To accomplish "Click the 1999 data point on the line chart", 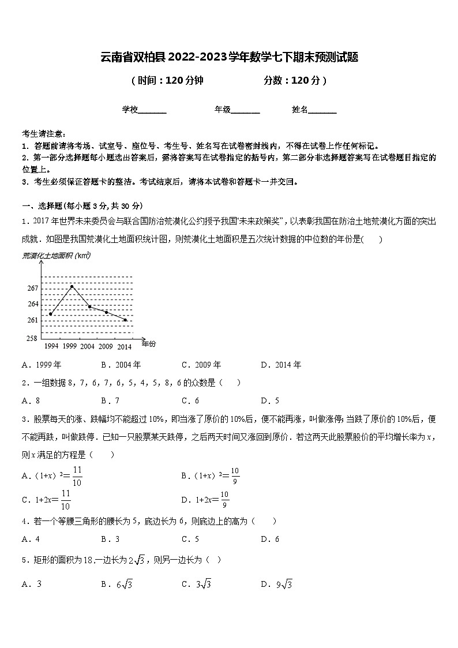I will [x=72, y=286].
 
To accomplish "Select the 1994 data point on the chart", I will [x=51, y=314].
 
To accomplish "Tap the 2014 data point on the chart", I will [x=125, y=320].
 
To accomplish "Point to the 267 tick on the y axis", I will [x=32, y=288].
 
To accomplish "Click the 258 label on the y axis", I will [x=32, y=338].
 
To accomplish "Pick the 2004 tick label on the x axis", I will [x=87, y=347].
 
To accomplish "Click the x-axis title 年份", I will [x=148, y=344].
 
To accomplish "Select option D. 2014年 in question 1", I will [x=281, y=365].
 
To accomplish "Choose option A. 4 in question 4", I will [x=31, y=539].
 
